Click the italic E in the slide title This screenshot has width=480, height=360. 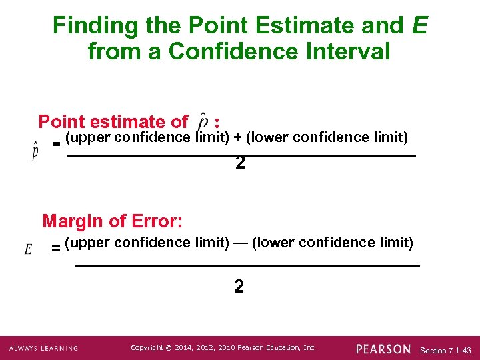pyautogui.click(x=419, y=26)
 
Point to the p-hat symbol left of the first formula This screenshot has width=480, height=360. pyautogui.click(x=35, y=151)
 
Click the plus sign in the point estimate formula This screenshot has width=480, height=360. pyautogui.click(x=237, y=138)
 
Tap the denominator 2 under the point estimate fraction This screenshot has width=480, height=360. pyautogui.click(x=240, y=163)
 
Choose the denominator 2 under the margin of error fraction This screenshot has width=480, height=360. pyautogui.click(x=239, y=287)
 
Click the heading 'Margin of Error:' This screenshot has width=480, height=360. pyautogui.click(x=113, y=220)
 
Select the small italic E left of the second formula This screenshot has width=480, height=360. pyautogui.click(x=29, y=249)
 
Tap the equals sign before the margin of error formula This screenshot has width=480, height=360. pyautogui.click(x=56, y=249)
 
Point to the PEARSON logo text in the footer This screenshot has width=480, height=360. pyautogui.click(x=383, y=349)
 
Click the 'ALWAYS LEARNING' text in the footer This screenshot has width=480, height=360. pyautogui.click(x=43, y=349)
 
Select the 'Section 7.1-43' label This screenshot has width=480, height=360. pyautogui.click(x=446, y=350)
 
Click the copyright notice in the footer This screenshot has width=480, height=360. pyautogui.click(x=223, y=348)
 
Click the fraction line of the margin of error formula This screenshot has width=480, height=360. pyautogui.click(x=247, y=265)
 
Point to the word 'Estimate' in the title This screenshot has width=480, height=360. pyautogui.click(x=299, y=26)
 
